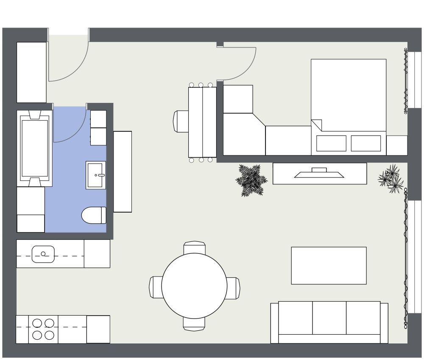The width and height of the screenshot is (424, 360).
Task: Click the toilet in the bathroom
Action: coord(94,215)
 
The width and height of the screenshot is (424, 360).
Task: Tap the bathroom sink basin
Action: coord(96,175)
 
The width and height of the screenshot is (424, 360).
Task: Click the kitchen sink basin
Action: coord(43,254)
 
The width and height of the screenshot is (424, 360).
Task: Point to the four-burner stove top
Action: coord(43,329)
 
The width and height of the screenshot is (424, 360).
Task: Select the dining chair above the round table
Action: coord(195,247)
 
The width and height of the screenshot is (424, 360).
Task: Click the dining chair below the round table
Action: coord(195,324)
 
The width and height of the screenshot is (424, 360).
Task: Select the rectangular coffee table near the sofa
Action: coord(329,266)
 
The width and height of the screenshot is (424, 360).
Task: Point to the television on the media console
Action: coord(319,173)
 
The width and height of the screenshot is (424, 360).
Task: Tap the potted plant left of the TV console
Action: coord(251,180)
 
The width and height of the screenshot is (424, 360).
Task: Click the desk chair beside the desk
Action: coord(181,121)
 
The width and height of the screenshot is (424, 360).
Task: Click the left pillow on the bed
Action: coord(331,143)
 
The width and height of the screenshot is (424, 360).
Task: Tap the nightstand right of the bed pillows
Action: coord(397,145)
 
